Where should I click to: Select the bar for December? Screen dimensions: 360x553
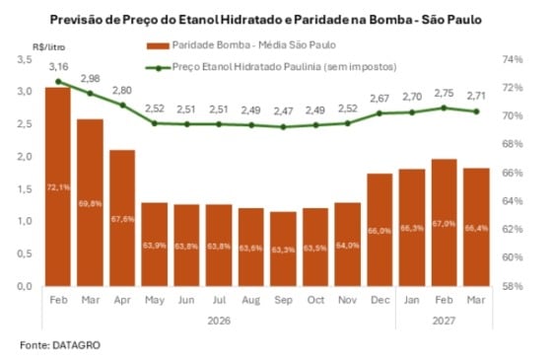tap(379, 228)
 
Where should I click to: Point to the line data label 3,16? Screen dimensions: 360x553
tap(59, 68)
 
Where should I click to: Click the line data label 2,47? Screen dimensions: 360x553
tap(283, 109)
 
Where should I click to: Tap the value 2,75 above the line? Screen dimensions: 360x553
tap(444, 92)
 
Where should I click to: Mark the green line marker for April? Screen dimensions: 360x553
tap(122, 105)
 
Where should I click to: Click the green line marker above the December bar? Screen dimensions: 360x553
tap(379, 113)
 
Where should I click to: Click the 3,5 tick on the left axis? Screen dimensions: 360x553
tap(25, 60)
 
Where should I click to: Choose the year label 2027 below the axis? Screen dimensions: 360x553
tap(444, 319)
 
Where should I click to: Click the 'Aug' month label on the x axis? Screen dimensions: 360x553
tap(250, 299)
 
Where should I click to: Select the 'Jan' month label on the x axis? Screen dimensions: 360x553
tap(411, 299)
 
